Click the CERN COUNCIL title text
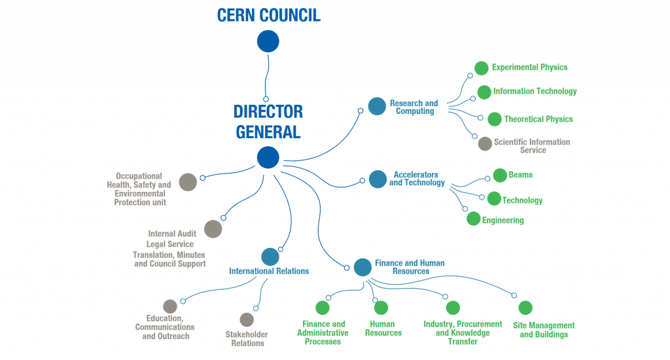pyautogui.click(x=268, y=14)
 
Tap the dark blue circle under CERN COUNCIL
pyautogui.click(x=268, y=41)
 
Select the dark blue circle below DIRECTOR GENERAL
pyautogui.click(x=268, y=157)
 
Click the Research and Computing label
pyautogui.click(x=414, y=107)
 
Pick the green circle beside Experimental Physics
pyautogui.click(x=482, y=67)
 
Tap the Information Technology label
pyautogui.click(x=535, y=92)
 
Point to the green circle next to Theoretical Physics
pyautogui.click(x=495, y=119)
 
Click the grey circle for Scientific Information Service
pyautogui.click(x=485, y=143)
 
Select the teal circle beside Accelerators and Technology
pyautogui.click(x=378, y=179)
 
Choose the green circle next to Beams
pyautogui.click(x=500, y=175)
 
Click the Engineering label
pyautogui.click(x=502, y=221)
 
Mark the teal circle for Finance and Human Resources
pyautogui.click(x=362, y=267)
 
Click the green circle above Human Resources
pyautogui.click(x=381, y=308)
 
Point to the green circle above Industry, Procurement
pyautogui.click(x=453, y=308)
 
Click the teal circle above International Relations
pyautogui.click(x=270, y=257)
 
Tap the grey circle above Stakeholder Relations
pyautogui.click(x=247, y=319)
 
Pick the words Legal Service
pyautogui.click(x=170, y=244)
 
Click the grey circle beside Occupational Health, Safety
pyautogui.click(x=188, y=183)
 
